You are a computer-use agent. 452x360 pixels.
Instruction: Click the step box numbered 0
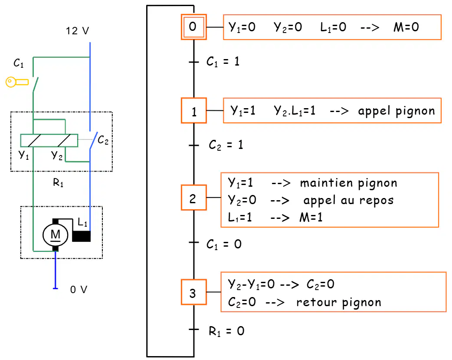194,27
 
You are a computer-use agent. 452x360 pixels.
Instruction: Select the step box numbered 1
194,111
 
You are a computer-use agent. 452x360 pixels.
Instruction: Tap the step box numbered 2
194,198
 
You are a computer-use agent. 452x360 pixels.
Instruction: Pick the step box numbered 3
194,292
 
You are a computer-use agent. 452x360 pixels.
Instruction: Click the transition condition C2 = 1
226,145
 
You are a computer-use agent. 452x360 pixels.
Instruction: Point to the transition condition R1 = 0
226,331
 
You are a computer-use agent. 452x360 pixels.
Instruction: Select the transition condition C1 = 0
224,244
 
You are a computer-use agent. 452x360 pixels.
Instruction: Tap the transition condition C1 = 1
223,62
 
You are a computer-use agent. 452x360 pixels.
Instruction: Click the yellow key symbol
17,82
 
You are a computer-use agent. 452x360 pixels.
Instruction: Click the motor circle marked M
56,235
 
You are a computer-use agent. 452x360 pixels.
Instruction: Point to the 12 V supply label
77,30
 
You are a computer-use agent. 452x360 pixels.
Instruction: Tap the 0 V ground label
79,289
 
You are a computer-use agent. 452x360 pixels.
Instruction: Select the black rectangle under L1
81,236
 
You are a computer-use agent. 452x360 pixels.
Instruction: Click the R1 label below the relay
58,182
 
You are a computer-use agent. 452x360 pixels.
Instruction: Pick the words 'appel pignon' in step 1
396,111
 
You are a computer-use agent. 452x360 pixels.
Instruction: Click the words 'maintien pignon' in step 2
348,183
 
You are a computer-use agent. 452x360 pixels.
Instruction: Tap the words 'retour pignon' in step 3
339,302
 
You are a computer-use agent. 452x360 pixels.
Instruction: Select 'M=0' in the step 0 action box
406,27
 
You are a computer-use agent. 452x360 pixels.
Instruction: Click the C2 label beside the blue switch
103,140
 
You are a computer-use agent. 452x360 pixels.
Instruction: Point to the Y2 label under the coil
57,155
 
